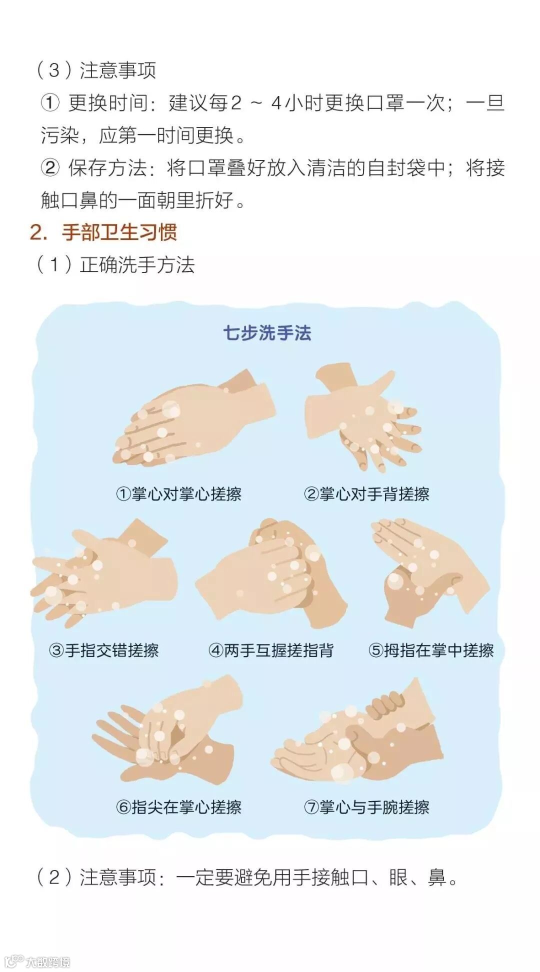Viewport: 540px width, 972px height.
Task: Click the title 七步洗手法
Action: click(x=267, y=333)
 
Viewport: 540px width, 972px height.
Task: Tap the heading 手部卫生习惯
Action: click(x=119, y=232)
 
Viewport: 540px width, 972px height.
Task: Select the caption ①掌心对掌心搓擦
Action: click(x=178, y=494)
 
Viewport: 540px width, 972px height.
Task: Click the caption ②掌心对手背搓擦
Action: click(x=366, y=494)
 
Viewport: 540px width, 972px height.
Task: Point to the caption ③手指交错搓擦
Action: click(x=104, y=650)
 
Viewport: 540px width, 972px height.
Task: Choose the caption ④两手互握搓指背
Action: click(x=271, y=650)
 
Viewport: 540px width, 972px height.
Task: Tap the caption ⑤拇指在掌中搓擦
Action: click(x=431, y=650)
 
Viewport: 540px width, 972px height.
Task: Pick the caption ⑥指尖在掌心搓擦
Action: click(x=178, y=807)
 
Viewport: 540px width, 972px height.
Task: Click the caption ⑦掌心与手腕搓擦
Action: click(x=366, y=807)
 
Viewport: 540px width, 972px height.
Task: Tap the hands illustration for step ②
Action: click(x=363, y=417)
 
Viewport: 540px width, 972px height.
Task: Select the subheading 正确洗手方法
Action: click(x=137, y=264)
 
